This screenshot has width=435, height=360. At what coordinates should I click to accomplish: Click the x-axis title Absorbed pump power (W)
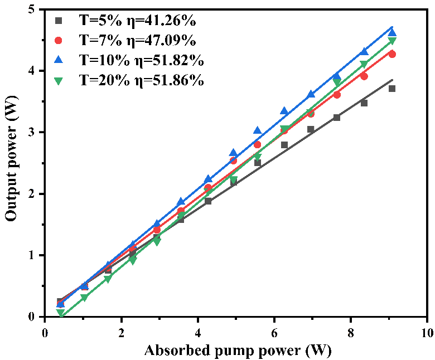(x=237, y=351)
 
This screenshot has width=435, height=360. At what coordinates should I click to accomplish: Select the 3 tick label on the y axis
(x=34, y=133)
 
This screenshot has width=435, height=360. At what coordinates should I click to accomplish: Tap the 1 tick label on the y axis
(x=34, y=255)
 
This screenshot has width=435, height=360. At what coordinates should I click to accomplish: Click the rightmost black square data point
(x=392, y=89)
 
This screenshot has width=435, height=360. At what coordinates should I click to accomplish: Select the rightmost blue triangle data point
(x=392, y=32)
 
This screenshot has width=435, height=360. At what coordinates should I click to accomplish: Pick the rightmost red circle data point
(x=392, y=54)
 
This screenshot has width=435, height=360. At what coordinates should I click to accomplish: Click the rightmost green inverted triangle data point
(x=392, y=41)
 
